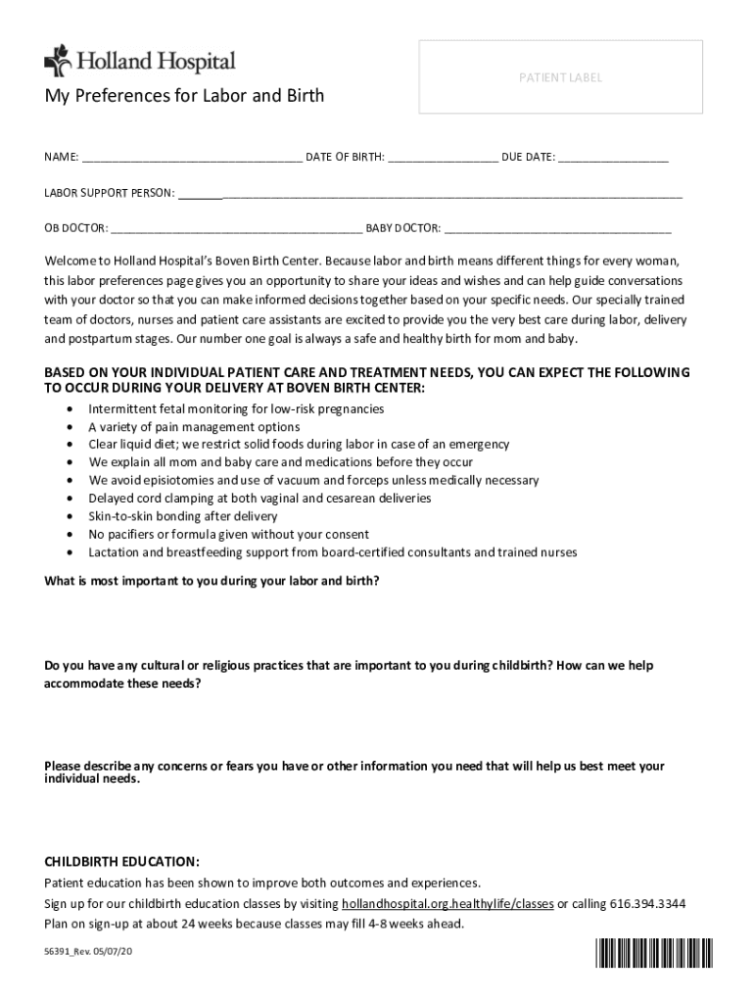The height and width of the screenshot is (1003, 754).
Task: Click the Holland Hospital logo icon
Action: (x=58, y=61)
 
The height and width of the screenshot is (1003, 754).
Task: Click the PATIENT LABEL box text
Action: (x=560, y=77)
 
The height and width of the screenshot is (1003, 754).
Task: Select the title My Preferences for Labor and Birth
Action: (x=184, y=96)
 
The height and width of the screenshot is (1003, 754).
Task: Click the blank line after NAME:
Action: (x=192, y=157)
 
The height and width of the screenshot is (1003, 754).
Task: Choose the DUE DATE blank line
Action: (x=614, y=157)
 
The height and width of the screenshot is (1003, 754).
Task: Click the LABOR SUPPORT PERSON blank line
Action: (x=430, y=193)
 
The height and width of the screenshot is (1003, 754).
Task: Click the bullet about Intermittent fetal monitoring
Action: (x=236, y=408)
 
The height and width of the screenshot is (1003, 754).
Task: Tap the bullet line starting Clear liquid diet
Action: (x=299, y=445)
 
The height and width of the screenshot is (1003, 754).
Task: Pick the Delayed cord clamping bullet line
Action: (x=259, y=499)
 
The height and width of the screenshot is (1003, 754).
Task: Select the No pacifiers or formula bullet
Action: (x=228, y=535)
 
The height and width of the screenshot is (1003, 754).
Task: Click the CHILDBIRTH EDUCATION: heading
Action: (x=122, y=862)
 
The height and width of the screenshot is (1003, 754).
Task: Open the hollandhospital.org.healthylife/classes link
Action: (x=448, y=903)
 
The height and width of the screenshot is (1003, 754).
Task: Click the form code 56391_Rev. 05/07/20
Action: (x=88, y=952)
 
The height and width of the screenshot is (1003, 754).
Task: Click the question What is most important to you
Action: (x=212, y=581)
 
